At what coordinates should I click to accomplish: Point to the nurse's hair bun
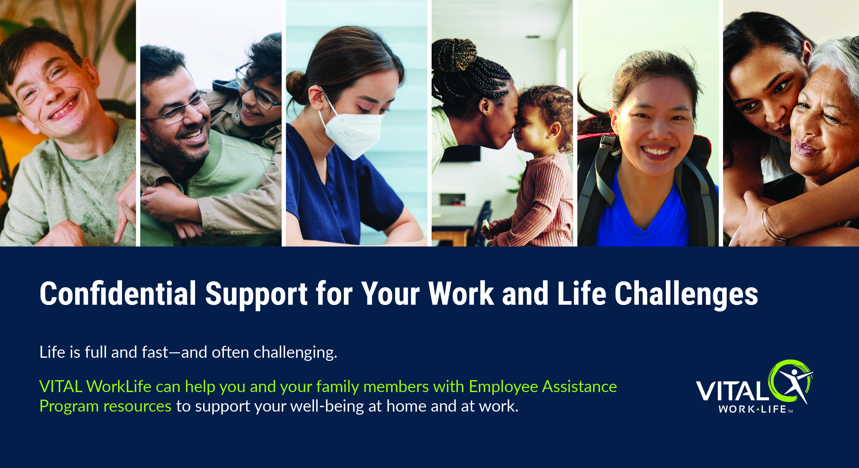pyautogui.click(x=296, y=87)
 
